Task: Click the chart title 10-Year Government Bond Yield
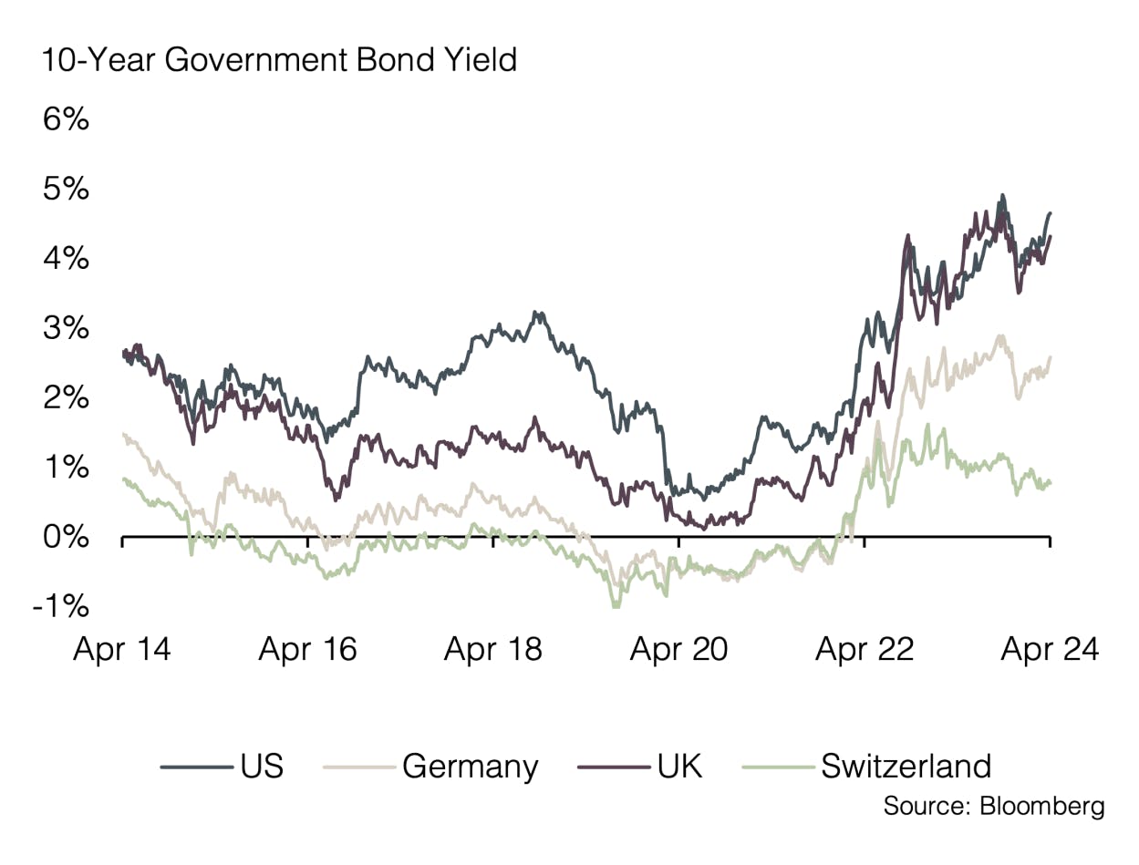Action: [277, 60]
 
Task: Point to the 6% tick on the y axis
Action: [66, 120]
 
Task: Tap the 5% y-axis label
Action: [66, 190]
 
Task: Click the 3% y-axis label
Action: [66, 328]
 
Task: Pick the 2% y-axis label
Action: [66, 398]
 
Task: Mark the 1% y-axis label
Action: [66, 468]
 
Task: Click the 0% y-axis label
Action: [66, 537]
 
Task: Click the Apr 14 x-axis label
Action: [122, 650]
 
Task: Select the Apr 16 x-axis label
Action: [307, 650]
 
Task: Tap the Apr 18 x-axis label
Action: [493, 650]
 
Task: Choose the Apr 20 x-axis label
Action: [679, 650]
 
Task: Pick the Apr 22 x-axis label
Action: [865, 650]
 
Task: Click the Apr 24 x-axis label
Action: [1050, 650]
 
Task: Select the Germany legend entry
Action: [470, 766]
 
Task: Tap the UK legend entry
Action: [679, 766]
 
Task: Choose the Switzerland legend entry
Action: [906, 766]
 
